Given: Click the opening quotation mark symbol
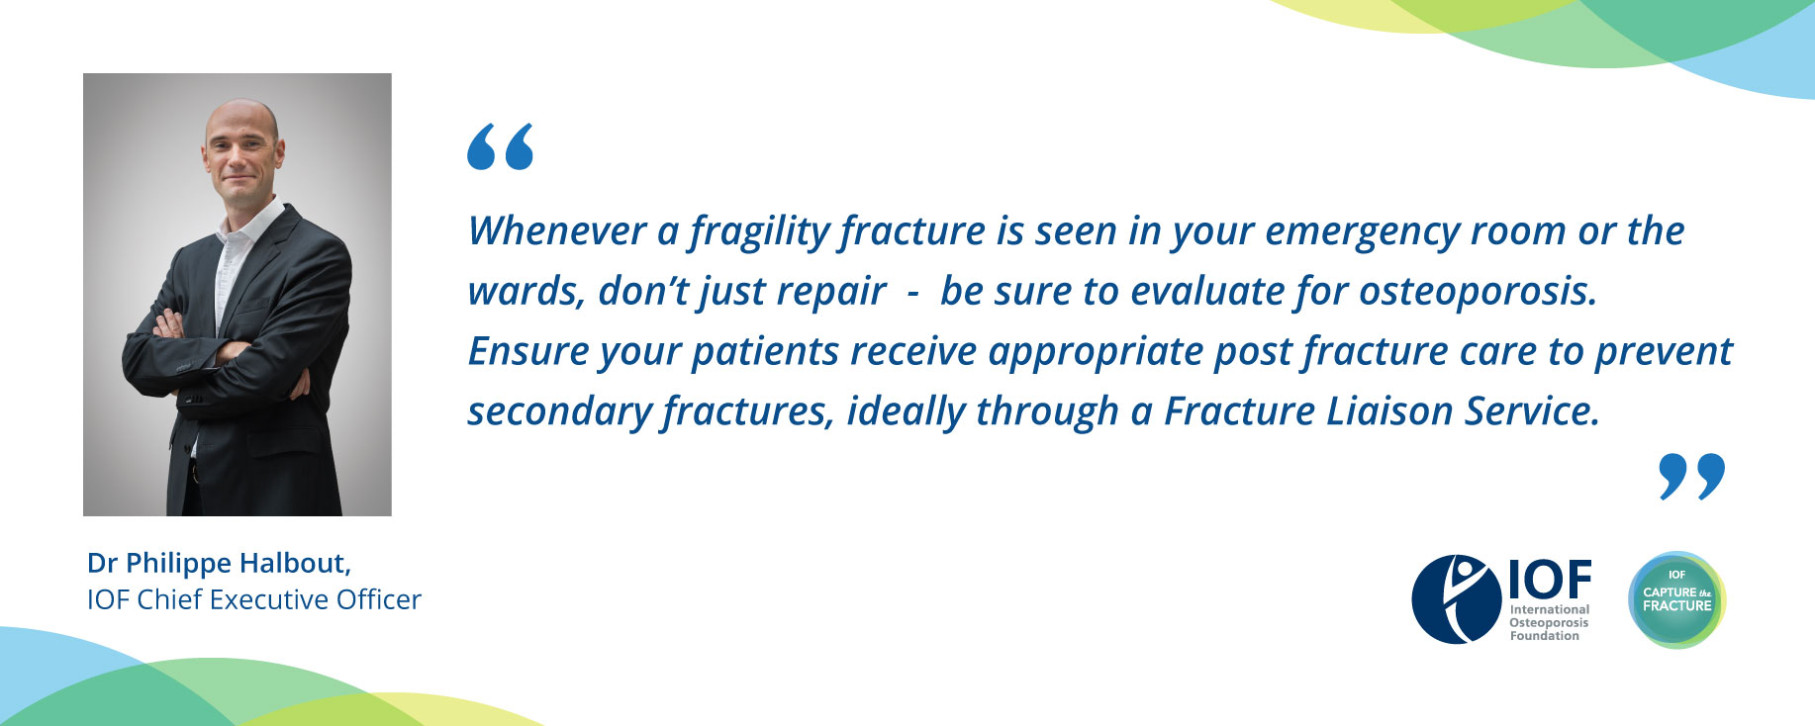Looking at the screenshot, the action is pos(500,146).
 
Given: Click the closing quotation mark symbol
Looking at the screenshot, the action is pos(1691,477).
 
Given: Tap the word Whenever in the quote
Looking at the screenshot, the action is pos(557,230).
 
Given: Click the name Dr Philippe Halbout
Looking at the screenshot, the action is pos(220,564).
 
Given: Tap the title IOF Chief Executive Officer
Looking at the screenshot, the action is pos(254,599).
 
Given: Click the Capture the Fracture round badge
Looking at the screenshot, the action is pos(1676,599).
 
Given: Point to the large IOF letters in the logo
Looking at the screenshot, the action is pos(1550,580).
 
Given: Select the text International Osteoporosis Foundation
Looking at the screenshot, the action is pos(1550,623).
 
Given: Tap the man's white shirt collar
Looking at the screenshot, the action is pos(247,220).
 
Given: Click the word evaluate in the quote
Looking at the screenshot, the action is pos(1207,291).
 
